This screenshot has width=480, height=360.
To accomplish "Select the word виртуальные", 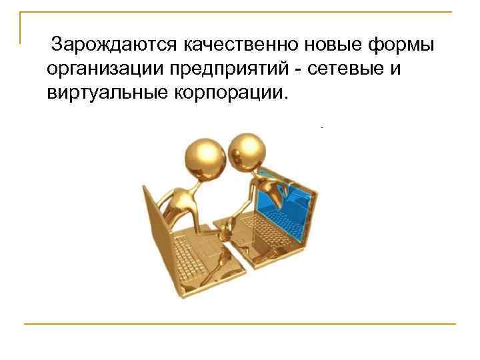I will click(x=101, y=91).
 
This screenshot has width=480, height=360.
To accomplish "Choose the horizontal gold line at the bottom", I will click(x=240, y=324).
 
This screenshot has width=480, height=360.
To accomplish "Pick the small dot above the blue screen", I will click(x=321, y=127).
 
